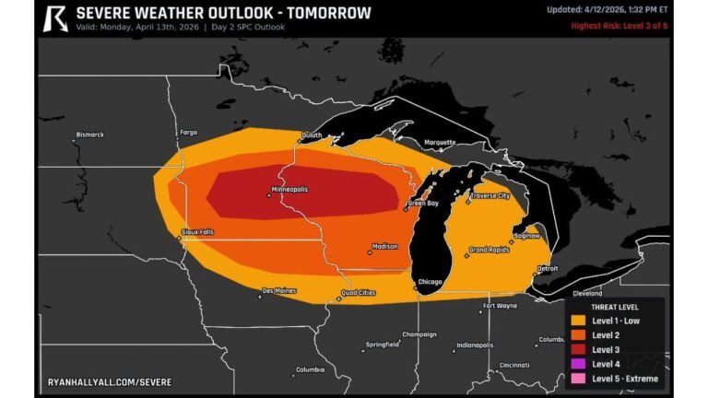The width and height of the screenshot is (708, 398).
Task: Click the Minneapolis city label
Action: (289, 189)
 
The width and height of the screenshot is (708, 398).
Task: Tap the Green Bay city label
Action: (423, 203)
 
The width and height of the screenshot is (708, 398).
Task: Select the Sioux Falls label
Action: (197, 231)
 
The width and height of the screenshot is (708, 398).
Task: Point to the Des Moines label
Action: (279, 290)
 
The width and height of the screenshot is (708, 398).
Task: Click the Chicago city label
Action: (430, 281)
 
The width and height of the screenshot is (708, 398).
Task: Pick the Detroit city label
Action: (548, 268)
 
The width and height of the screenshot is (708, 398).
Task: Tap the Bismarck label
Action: (89, 135)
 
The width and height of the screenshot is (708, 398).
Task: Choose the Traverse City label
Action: (490, 195)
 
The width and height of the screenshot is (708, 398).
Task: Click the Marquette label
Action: (440, 143)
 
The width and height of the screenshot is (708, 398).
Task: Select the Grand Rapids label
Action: (489, 250)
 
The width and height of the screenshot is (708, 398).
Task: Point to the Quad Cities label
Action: (358, 293)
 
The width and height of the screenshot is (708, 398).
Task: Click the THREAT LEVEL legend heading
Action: (614, 306)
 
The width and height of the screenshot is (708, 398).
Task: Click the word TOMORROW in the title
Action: (328, 13)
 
